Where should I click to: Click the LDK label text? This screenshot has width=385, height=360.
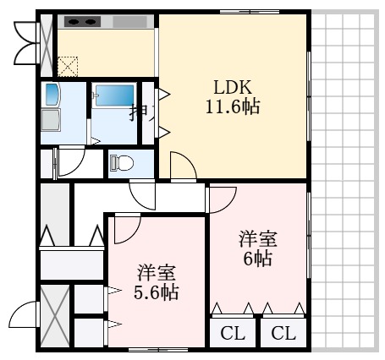pyautogui.click(x=231, y=86)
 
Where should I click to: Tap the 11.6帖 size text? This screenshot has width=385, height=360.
pyautogui.click(x=231, y=107)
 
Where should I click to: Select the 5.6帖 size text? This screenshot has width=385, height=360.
pyautogui.click(x=157, y=293)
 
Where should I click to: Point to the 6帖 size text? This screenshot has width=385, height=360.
pyautogui.click(x=257, y=259)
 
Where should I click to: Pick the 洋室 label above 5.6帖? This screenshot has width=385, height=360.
pyautogui.click(x=157, y=273)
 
